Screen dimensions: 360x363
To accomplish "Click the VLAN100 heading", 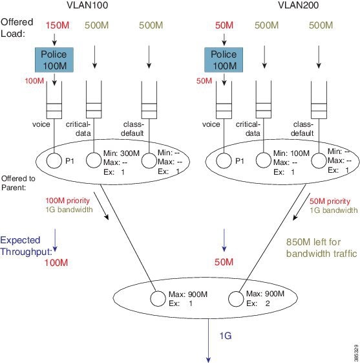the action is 87,5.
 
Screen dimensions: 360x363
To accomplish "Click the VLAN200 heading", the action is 298,5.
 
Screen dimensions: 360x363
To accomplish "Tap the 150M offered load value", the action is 58,25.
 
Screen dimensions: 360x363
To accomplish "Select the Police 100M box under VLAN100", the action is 54,60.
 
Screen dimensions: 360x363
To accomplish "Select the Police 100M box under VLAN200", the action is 224,60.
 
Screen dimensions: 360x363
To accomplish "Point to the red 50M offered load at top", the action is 224,25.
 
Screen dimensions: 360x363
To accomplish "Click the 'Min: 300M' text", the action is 122,153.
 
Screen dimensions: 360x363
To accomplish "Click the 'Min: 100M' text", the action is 291,153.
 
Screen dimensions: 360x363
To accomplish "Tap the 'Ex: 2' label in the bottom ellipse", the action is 258,303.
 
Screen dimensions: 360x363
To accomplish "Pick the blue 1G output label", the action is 225,336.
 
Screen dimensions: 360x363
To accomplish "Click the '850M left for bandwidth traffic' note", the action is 322,248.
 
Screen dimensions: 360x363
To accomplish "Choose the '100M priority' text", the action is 67,201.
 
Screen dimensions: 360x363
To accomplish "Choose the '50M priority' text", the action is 330,201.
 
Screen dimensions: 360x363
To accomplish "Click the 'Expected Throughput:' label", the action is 26,246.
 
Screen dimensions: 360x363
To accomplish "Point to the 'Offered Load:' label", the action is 17,28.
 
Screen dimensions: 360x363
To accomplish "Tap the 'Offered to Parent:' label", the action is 18,183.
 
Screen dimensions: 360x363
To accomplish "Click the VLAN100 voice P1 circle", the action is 54,160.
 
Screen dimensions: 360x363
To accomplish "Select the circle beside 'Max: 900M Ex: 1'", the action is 158,299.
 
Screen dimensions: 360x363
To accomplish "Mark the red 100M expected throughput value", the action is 56,263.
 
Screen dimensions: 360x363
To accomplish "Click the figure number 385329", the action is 356,353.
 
